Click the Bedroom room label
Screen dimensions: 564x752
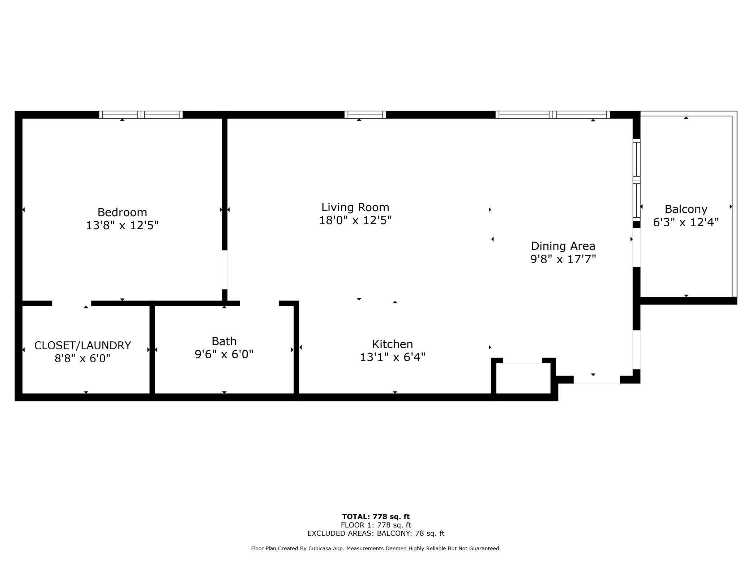point(122,212)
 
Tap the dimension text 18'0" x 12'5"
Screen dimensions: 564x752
point(355,220)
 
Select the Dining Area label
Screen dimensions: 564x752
point(563,246)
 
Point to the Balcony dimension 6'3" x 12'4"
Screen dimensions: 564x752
point(685,222)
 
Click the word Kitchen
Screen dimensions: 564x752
point(392,344)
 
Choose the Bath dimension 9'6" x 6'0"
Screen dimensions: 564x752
point(224,354)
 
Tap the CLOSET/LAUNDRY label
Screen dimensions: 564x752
point(82,346)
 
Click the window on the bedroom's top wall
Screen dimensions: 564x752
point(141,115)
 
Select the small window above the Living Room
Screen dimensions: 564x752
point(365,115)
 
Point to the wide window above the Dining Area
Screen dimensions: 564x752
point(552,115)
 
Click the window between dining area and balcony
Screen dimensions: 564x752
point(636,180)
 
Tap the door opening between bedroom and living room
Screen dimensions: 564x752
point(225,270)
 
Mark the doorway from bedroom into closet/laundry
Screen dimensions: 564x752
point(72,303)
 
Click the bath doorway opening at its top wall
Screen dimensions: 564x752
point(259,303)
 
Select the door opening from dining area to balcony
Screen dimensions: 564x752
point(636,248)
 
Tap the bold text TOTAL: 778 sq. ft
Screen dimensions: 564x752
point(376,517)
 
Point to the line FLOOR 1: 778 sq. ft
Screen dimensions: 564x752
point(376,525)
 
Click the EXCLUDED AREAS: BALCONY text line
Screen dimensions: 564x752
point(376,533)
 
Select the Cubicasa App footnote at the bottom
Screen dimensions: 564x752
point(376,548)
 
